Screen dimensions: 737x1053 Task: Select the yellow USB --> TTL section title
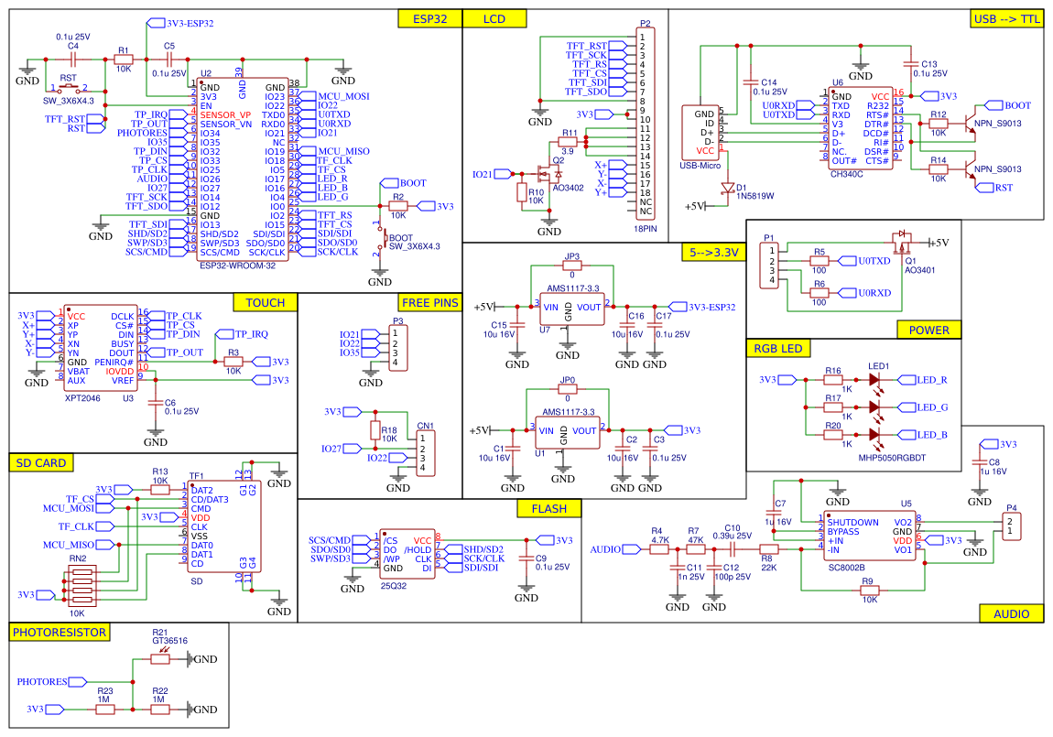coord(1006,19)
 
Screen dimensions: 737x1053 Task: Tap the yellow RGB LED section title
coord(778,348)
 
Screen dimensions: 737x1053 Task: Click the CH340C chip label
coord(846,172)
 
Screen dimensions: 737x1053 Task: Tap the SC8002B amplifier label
coord(845,567)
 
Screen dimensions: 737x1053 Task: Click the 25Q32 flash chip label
coord(394,584)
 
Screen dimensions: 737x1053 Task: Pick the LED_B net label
coord(932,434)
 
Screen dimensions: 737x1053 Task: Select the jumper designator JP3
coord(572,257)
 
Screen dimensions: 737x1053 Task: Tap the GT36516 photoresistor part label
coord(168,642)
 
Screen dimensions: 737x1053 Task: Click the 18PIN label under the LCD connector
coord(645,230)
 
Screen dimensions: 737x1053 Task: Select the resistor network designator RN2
coord(77,558)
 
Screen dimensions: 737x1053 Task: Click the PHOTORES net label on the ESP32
coord(142,133)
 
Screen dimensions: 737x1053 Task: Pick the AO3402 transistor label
coord(568,187)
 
